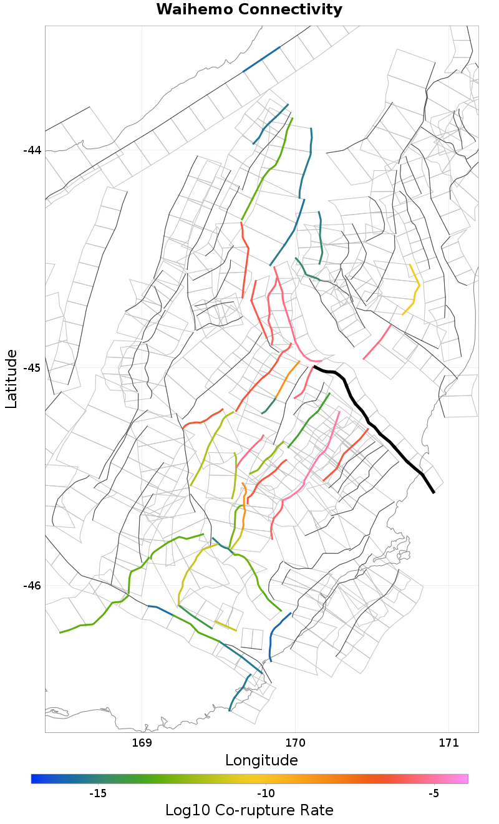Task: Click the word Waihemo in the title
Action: [x=193, y=10]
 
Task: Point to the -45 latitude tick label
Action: [x=32, y=368]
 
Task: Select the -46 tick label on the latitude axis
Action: [x=32, y=586]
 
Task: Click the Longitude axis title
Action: [x=261, y=760]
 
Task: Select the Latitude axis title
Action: [x=11, y=379]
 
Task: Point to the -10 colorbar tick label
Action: [x=266, y=794]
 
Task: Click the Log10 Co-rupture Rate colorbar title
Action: [x=249, y=810]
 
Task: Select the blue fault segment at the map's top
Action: [x=261, y=59]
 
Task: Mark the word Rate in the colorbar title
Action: [x=316, y=810]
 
